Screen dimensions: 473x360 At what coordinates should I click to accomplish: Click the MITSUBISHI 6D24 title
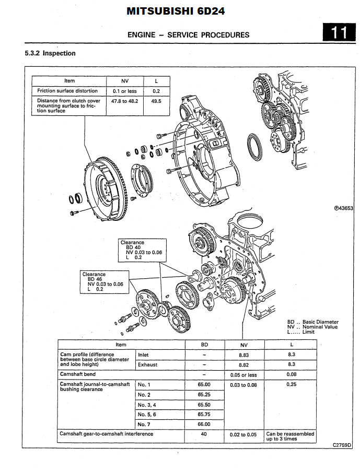pos(180,11)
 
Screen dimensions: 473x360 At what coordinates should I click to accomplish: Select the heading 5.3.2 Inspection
pos(50,53)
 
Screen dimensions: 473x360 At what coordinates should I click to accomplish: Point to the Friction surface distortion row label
pos(68,91)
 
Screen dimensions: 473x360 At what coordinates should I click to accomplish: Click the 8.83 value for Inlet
pos(244,354)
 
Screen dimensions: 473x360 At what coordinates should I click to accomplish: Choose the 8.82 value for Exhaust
pos(244,364)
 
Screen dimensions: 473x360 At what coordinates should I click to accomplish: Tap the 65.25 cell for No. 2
pos(204,394)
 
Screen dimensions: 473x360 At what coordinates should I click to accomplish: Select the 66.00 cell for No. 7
pos(204,424)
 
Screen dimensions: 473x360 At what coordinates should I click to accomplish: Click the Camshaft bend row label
pos(78,374)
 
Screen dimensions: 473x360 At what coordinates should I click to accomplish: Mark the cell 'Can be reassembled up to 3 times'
pos(291,436)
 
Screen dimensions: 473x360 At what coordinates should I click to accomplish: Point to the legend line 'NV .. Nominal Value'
pos(312,327)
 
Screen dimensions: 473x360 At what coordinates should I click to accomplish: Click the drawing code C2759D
pos(342,445)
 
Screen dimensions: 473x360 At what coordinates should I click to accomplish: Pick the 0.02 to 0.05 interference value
pos(244,434)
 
